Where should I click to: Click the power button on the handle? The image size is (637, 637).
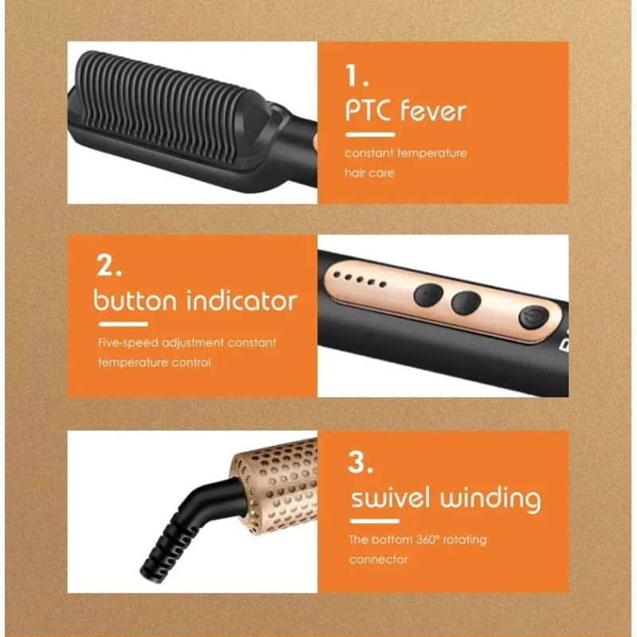click(533, 317)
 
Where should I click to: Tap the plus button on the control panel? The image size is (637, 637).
click(428, 295)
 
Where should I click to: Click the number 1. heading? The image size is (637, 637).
click(357, 76)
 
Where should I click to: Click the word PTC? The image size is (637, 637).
click(368, 110)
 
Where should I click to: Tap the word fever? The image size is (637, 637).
click(433, 110)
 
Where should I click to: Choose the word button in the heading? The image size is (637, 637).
click(135, 300)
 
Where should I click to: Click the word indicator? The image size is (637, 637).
click(242, 300)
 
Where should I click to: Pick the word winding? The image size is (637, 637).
click(490, 500)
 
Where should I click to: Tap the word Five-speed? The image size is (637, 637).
click(128, 343)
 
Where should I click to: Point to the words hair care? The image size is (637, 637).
click(369, 173)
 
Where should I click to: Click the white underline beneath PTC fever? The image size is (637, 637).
click(370, 135)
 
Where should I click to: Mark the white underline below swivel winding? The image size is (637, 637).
click(374, 522)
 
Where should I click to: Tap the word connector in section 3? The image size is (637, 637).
click(378, 560)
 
